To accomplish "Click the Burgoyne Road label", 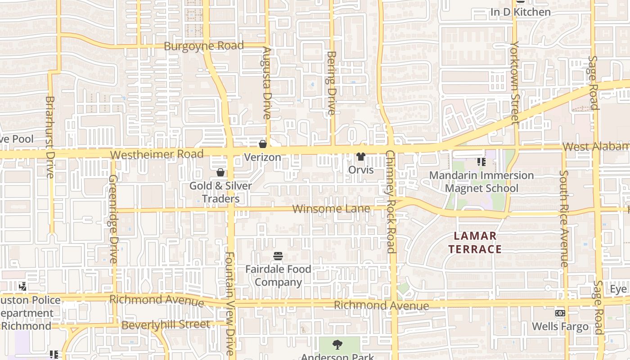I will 203,46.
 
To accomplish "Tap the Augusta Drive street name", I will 267,83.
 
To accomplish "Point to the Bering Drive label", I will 332,83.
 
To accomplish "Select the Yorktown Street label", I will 515,83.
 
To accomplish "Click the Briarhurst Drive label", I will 50,137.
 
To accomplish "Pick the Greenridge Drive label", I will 112,219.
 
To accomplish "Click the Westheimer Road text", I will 157,154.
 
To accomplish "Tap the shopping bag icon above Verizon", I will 263,144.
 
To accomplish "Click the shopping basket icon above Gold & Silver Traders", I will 220,172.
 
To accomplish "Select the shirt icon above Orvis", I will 361,157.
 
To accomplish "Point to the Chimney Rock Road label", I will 391,202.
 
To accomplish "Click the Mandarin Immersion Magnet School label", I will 481,181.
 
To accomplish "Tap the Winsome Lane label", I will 331,209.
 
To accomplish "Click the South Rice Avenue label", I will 564,218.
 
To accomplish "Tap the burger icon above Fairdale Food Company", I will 278,256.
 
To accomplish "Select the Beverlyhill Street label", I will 166,324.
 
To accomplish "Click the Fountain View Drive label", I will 230,304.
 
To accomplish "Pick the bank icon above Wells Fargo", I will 560,313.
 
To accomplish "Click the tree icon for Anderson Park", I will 337,345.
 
